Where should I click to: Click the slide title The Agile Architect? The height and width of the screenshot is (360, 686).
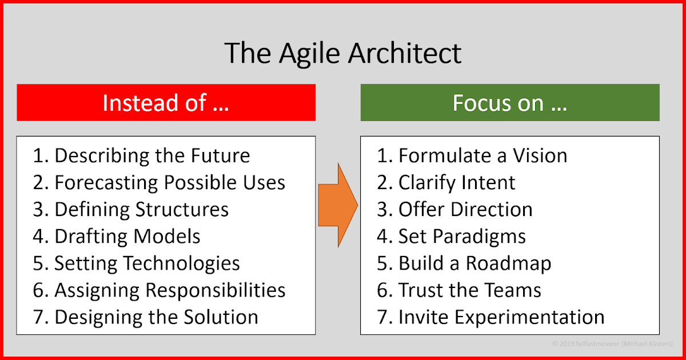coord(342,53)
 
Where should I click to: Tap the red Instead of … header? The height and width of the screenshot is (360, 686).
coord(166,103)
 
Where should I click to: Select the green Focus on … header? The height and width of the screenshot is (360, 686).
coord(509,103)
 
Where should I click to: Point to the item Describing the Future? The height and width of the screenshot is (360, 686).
coord(142,155)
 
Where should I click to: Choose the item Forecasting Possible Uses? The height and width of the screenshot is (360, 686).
coord(159,182)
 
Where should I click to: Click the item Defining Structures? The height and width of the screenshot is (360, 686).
coord(131,209)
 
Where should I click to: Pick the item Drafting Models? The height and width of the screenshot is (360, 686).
coord(117,236)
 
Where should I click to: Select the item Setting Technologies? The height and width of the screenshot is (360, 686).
coord(136,263)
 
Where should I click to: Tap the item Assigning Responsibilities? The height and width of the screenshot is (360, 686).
coord(159,290)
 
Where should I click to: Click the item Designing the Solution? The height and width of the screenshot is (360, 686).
coord(146,317)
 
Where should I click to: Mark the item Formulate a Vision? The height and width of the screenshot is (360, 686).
coord(472,155)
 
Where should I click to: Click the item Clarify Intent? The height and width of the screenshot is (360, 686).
coord(446,182)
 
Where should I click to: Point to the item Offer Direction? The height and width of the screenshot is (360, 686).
coord(454,209)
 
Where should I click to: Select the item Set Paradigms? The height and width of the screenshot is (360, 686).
coord(452,236)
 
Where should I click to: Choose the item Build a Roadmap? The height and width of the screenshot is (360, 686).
coord(464,263)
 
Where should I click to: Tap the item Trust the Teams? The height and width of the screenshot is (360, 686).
coord(459,290)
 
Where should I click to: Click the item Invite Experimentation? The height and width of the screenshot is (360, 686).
coord(490,317)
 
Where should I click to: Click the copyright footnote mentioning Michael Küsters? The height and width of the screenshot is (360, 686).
coord(612,344)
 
